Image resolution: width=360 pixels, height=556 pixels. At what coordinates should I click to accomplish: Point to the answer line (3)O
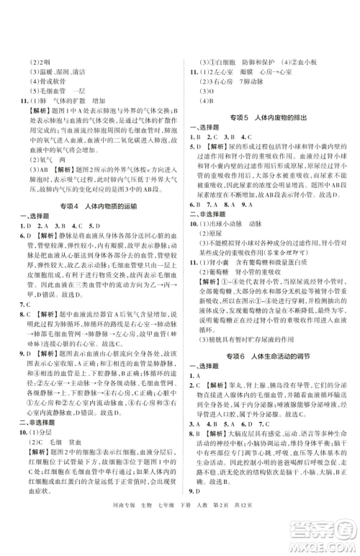(x=205, y=91)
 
